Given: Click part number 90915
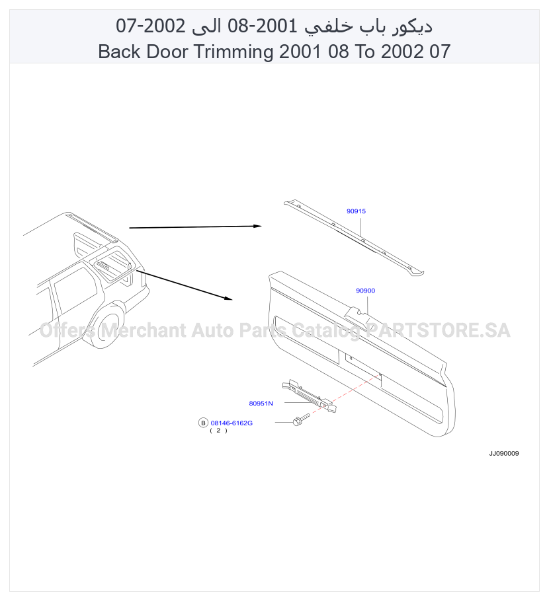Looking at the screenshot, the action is tap(356, 211).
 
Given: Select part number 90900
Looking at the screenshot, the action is tap(366, 291).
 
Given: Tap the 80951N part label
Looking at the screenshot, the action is tap(261, 404).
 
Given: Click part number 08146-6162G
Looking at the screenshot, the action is tap(232, 423).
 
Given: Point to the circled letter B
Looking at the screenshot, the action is tap(203, 423).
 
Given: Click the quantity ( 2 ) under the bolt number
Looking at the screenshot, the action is tap(218, 431).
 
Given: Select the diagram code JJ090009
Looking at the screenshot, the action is tap(504, 454).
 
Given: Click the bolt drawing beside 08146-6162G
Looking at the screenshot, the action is tap(300, 419).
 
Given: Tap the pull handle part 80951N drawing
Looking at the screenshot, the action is tap(309, 396).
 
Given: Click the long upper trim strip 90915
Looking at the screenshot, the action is tap(353, 237).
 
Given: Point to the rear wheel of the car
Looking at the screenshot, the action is tap(109, 326).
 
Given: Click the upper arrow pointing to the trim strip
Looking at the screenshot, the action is tap(195, 227).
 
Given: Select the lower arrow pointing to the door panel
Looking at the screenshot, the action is tap(185, 285).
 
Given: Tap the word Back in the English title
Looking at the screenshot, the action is tap(120, 52).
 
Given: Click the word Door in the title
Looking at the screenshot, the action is tap(168, 52).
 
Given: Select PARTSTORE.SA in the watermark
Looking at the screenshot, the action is tap(438, 330).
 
